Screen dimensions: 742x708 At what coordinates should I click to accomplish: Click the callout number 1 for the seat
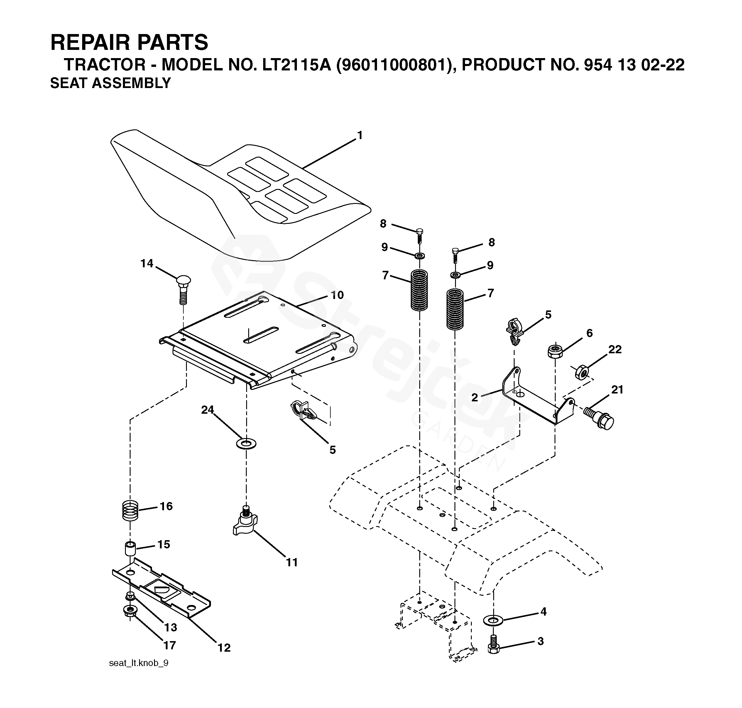360,135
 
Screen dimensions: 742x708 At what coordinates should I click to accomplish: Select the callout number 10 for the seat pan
337,295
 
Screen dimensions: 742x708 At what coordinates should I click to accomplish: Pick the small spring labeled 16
131,510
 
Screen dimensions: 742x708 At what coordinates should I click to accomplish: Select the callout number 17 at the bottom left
170,645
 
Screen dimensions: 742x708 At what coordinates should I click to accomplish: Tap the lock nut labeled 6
555,351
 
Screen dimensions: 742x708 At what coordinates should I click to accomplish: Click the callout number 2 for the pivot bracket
474,397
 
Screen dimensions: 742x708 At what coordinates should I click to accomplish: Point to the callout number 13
170,627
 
